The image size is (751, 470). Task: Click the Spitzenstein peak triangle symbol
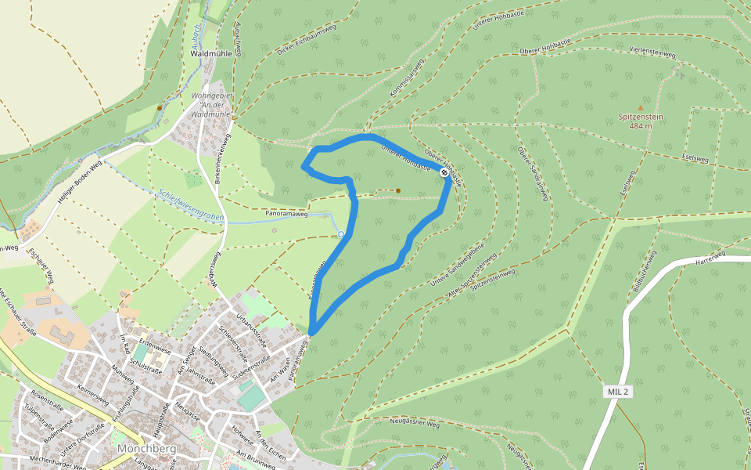click(641, 107)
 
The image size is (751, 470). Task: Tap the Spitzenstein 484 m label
click(641, 121)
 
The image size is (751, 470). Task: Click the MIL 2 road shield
click(618, 391)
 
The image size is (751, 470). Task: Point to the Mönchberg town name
click(146, 450)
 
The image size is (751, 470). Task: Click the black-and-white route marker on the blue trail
click(444, 172)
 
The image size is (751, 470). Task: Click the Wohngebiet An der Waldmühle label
click(211, 104)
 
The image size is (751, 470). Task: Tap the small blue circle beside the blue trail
click(341, 234)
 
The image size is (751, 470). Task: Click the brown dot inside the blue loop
click(398, 190)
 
